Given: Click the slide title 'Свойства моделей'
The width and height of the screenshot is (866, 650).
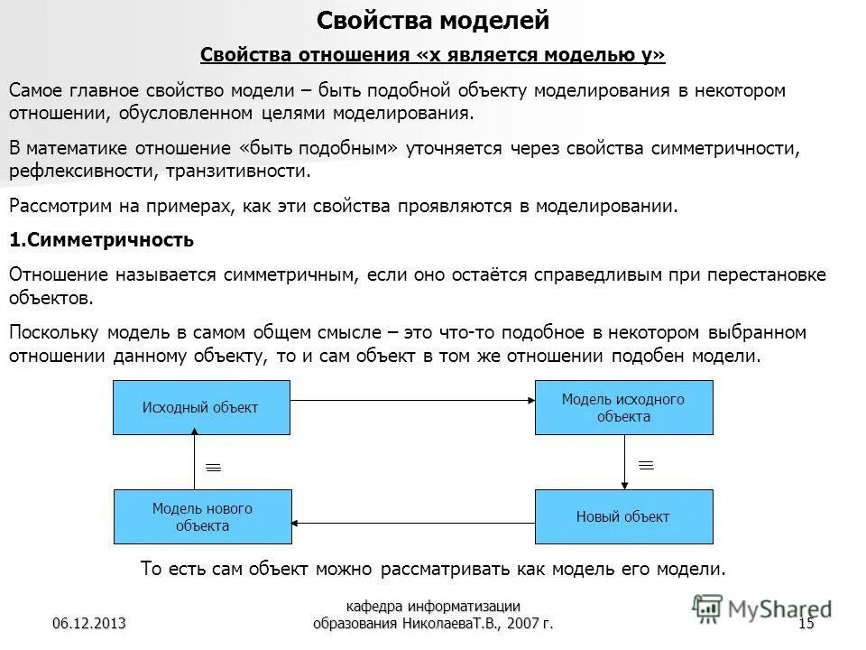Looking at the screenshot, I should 433,19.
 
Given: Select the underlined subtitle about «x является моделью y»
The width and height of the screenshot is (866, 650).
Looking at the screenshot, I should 432,56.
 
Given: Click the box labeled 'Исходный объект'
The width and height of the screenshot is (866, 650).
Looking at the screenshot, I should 201,407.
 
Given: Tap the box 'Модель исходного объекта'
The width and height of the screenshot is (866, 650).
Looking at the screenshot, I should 623,407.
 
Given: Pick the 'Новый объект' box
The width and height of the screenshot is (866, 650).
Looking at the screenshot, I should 623,517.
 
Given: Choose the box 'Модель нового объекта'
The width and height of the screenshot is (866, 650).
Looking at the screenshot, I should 202,517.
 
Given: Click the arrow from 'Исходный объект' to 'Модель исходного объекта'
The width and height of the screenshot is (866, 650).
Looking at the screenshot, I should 412,399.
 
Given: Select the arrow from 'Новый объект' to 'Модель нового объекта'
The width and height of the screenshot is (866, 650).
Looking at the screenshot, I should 413,523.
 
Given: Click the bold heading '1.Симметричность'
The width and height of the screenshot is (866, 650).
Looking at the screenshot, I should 101,241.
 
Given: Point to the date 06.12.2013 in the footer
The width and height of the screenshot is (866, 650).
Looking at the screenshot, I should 88,623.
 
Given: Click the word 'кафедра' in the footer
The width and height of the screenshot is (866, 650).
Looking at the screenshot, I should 374,606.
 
